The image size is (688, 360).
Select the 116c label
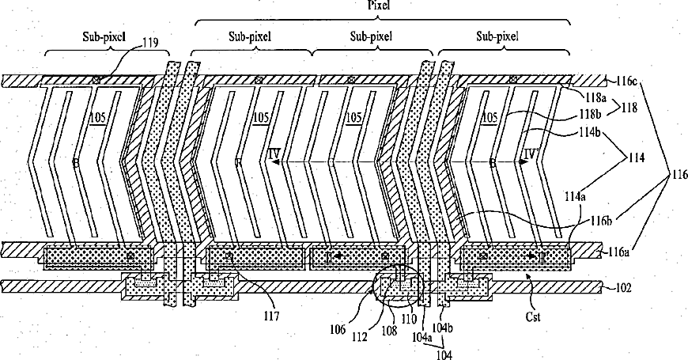622,81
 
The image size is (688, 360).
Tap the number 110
411,322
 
